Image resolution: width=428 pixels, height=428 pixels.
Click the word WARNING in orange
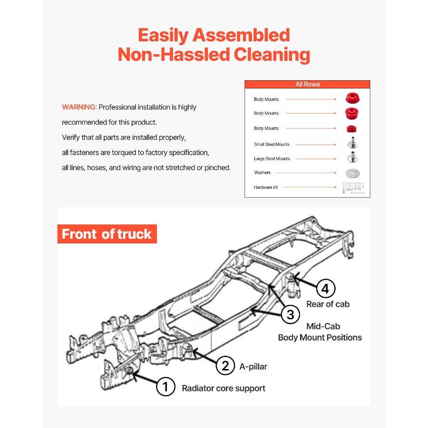[x=79, y=107]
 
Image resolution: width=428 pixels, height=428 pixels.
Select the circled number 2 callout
[x=225, y=366]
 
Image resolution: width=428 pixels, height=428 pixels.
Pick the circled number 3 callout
[x=290, y=314]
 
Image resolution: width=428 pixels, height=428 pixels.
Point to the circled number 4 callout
[x=325, y=288]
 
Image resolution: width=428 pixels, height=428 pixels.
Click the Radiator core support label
[x=224, y=388]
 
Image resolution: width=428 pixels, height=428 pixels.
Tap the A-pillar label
[x=253, y=366]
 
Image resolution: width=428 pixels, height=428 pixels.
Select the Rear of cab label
[x=328, y=304]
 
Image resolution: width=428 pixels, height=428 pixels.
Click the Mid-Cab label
[x=323, y=326]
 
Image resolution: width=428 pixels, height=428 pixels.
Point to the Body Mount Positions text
[x=320, y=338]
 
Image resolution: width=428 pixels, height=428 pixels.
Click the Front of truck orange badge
[x=107, y=234]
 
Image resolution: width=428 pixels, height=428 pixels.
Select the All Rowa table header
[x=307, y=84]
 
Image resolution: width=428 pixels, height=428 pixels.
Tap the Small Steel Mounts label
[x=272, y=144]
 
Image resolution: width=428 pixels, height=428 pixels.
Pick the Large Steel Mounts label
[x=272, y=158]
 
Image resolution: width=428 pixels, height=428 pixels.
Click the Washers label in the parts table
[x=262, y=173]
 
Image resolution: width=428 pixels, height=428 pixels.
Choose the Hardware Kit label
[x=266, y=187]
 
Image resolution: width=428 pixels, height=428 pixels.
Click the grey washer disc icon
[x=352, y=173]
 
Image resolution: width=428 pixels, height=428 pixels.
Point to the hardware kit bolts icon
[x=352, y=187]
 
